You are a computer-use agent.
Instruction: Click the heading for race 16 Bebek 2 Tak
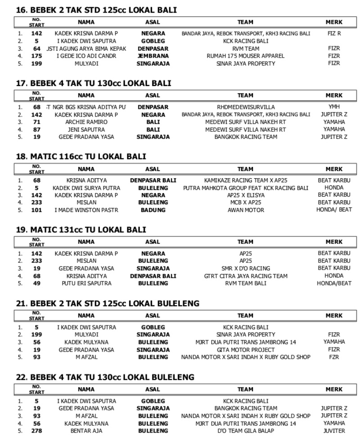click(96, 10)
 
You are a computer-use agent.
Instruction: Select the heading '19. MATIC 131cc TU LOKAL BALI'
click(81, 230)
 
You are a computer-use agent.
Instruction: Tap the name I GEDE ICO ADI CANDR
click(86, 56)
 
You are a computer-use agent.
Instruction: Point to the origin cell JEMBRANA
click(153, 56)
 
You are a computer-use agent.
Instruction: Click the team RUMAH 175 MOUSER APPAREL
click(245, 56)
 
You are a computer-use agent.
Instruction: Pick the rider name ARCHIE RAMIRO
click(86, 122)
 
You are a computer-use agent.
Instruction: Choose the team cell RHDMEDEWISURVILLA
click(245, 107)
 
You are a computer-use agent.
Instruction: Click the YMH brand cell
click(334, 107)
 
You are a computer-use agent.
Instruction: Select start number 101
click(36, 210)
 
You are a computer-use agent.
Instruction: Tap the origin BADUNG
click(153, 210)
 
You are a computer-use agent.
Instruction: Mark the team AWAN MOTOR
click(245, 210)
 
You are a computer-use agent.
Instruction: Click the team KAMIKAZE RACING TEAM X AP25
click(245, 180)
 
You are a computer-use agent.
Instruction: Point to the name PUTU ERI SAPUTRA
click(86, 284)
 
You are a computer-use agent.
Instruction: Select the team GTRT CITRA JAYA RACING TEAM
click(245, 276)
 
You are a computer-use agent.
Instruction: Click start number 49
click(36, 284)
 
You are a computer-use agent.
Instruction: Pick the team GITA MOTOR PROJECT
click(245, 350)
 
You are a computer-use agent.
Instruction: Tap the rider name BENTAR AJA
click(86, 431)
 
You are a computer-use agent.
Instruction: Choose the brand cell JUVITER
click(334, 431)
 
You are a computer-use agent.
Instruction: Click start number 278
click(36, 431)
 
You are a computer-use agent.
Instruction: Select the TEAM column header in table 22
click(245, 389)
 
